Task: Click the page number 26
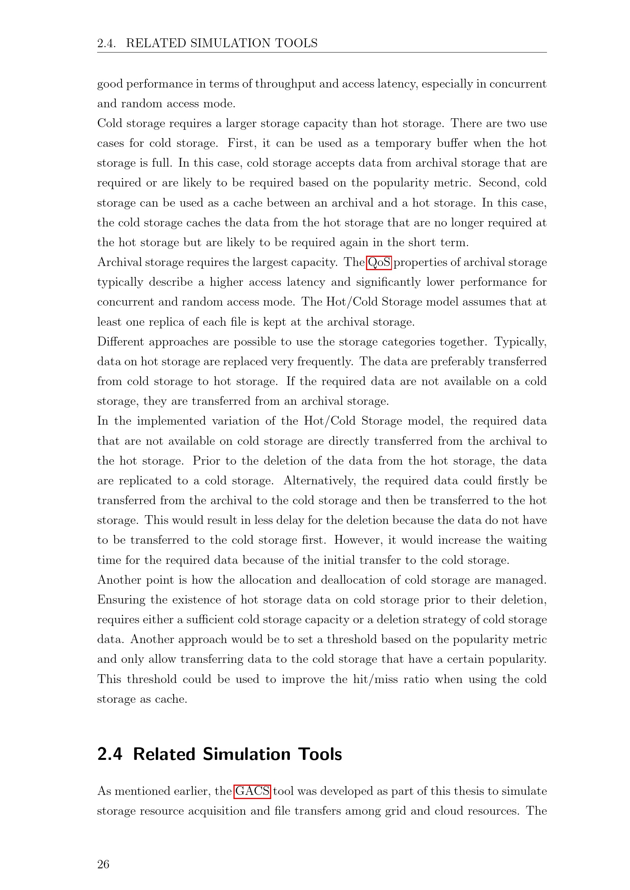click(103, 864)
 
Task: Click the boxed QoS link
click(379, 263)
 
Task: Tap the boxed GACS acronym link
click(252, 791)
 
